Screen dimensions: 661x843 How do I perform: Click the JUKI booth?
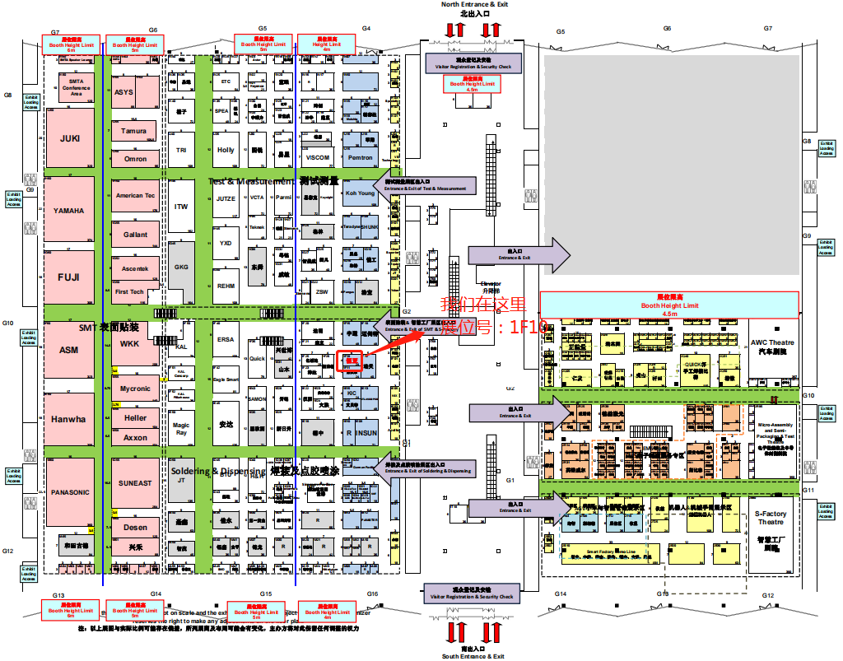(x=70, y=138)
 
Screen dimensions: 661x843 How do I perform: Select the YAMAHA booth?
(x=69, y=211)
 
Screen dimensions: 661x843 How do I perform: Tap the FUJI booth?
(x=69, y=277)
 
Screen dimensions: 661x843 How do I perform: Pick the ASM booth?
(x=69, y=351)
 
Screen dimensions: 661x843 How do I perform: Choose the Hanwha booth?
(x=69, y=419)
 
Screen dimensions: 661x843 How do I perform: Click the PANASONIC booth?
(x=69, y=492)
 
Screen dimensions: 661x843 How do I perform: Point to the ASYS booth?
(x=123, y=92)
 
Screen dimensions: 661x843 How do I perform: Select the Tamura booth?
(x=134, y=131)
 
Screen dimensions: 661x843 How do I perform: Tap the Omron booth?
(x=136, y=159)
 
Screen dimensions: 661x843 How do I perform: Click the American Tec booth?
(x=135, y=196)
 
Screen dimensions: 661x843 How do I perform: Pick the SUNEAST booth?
(x=135, y=483)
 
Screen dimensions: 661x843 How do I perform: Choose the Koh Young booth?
(x=360, y=194)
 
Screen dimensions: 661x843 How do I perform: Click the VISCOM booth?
(x=318, y=157)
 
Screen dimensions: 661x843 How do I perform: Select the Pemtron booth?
(x=361, y=157)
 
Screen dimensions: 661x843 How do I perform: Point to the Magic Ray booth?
(x=181, y=429)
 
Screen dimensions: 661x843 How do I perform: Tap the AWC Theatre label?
(x=771, y=346)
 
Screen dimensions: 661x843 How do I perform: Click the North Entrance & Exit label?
(x=474, y=4)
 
